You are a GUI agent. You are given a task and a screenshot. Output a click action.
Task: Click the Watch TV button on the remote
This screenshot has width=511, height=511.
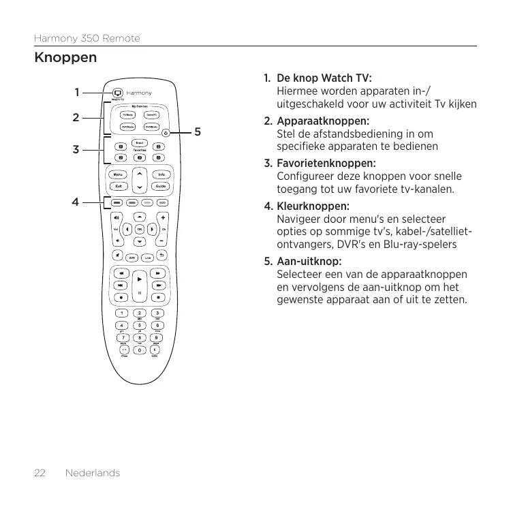pyautogui.click(x=118, y=93)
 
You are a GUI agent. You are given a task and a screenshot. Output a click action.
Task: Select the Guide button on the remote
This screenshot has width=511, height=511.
pyautogui.click(x=161, y=186)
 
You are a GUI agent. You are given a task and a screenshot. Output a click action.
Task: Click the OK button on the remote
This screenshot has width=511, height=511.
pyautogui.click(x=139, y=229)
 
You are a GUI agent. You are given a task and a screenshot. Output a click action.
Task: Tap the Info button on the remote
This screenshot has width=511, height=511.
pyautogui.click(x=161, y=174)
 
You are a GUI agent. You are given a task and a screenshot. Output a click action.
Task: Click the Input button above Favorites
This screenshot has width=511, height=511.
pyautogui.click(x=139, y=142)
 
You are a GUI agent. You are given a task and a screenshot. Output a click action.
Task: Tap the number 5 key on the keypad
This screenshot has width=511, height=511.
pyautogui.click(x=140, y=325)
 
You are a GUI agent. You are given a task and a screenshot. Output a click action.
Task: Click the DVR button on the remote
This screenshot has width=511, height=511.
pyautogui.click(x=131, y=257)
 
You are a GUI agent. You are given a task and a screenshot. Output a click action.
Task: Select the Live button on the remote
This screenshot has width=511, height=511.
pyautogui.click(x=147, y=257)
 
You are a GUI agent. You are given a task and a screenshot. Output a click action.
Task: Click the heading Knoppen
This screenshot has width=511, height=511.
pyautogui.click(x=65, y=58)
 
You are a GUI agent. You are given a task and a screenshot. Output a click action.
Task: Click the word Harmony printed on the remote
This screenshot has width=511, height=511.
pyautogui.click(x=138, y=93)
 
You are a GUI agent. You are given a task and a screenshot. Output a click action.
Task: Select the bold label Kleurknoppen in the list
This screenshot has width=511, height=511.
pyautogui.click(x=313, y=206)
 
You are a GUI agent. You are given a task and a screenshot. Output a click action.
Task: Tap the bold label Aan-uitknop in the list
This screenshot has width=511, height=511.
pyautogui.click(x=309, y=262)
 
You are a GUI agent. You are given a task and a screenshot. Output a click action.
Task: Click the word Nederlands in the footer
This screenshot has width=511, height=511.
pyautogui.click(x=92, y=473)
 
